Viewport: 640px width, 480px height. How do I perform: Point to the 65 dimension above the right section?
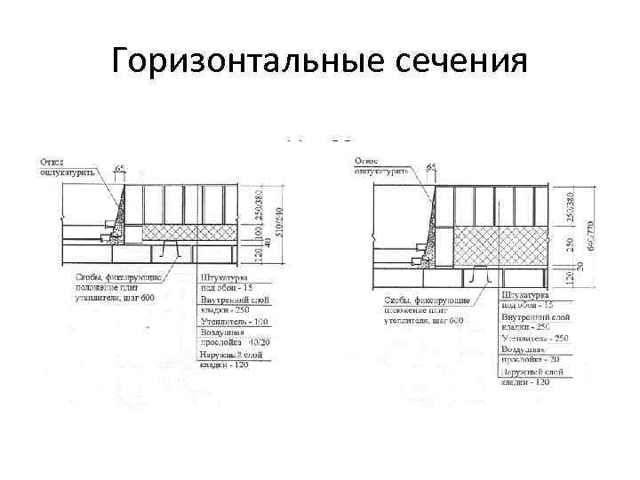coord(431,167)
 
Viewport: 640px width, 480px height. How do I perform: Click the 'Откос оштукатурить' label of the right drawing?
coord(380,165)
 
